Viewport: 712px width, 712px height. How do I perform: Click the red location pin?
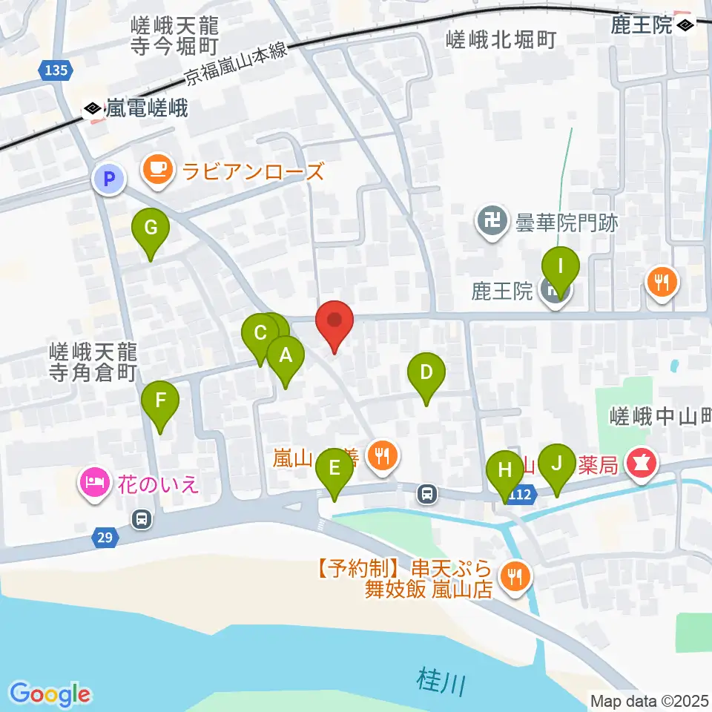pos(334,323)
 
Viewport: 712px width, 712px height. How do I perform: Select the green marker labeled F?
pos(161,403)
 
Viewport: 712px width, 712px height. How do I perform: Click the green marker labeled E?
pos(334,469)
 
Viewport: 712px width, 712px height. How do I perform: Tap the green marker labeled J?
pos(556,466)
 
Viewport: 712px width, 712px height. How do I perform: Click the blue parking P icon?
pos(109,179)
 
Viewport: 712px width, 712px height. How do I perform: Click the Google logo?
pos(50,693)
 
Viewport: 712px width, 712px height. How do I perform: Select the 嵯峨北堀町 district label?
pos(501,40)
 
